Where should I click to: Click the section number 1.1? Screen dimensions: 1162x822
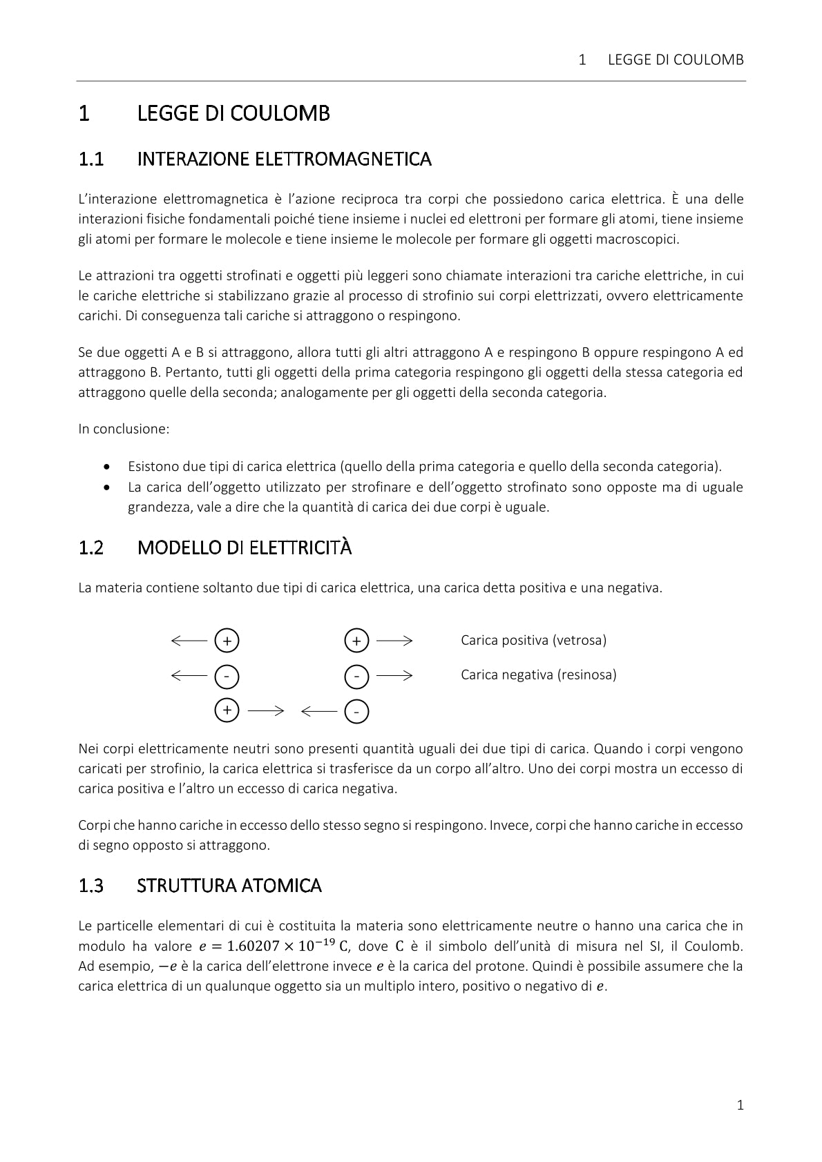pos(90,159)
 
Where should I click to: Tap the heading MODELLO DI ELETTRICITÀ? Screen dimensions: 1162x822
pos(245,548)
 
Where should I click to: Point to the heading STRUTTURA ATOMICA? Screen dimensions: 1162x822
pos(229,885)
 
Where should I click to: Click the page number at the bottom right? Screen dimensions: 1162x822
pos(740,1105)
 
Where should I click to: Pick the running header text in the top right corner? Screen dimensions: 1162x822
pos(661,60)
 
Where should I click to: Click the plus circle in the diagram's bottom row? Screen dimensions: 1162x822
pos(227,710)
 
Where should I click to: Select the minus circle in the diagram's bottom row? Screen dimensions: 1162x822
pos(356,711)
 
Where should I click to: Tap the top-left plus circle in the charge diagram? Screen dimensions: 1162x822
pos(227,641)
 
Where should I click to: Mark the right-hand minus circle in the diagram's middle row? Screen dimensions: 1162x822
pos(356,676)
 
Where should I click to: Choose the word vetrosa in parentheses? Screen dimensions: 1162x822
pos(580,640)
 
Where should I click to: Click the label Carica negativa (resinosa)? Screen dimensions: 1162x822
pos(538,675)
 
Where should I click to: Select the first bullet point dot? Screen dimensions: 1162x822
pos(106,467)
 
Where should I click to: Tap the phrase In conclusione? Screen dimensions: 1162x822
pos(124,429)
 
